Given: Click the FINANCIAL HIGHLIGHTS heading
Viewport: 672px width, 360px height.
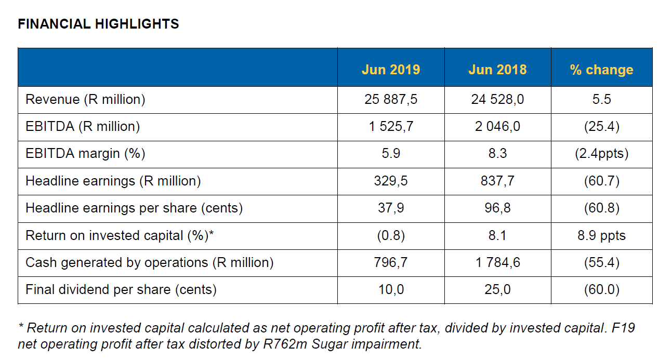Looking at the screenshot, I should [x=98, y=24].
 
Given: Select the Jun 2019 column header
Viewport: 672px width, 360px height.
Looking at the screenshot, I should [x=391, y=70].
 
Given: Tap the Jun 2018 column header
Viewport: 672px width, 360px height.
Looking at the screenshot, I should [x=497, y=70].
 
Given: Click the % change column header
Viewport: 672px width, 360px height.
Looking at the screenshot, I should [x=601, y=70].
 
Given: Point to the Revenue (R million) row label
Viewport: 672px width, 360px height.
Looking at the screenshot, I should [x=85, y=100].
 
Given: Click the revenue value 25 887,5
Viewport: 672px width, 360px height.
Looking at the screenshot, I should [x=391, y=100].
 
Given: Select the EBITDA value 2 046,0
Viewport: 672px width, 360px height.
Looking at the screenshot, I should [x=497, y=127].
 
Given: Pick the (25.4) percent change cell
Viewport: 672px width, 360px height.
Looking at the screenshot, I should [x=601, y=127].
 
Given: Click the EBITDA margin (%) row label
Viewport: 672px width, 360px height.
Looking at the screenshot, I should [x=85, y=154].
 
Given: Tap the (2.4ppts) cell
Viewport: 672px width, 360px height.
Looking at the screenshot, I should [x=601, y=154].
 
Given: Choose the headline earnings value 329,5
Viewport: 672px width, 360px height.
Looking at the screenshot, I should [x=391, y=181].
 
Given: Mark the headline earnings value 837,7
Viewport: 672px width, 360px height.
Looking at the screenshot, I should [x=497, y=181].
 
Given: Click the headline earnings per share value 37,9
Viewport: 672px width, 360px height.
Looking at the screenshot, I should [x=391, y=208].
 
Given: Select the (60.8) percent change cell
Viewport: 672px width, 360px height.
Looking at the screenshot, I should [x=601, y=208].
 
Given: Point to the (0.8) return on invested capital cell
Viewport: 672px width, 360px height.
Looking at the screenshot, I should [x=391, y=235].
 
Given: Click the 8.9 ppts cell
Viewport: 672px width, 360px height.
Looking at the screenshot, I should [x=601, y=235].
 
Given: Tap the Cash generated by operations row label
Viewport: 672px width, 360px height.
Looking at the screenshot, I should [x=150, y=262].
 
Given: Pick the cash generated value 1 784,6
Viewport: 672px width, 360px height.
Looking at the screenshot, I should [x=497, y=262].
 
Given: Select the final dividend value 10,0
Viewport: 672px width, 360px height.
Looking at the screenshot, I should [x=391, y=289].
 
